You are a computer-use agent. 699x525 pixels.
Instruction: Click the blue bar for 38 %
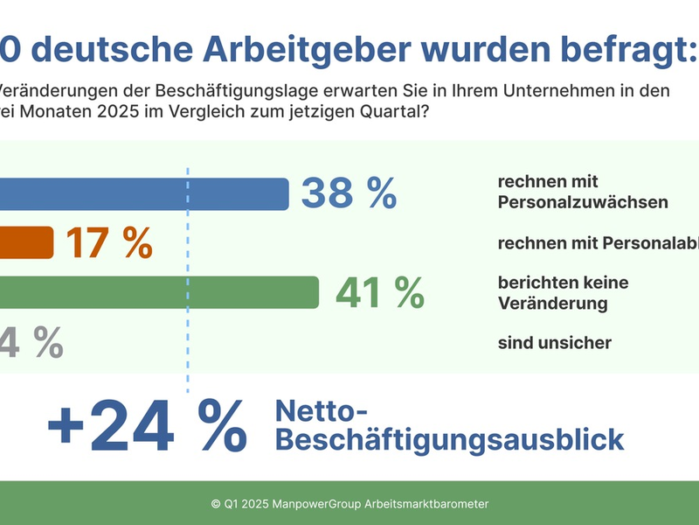144,193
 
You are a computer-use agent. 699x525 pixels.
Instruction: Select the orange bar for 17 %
26,242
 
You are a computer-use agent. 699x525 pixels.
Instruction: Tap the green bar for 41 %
157,292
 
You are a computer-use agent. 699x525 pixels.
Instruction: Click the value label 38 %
349,193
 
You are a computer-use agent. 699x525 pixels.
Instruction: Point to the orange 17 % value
109,243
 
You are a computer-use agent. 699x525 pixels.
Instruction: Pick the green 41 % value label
379,292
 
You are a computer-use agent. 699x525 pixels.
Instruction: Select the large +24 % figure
147,425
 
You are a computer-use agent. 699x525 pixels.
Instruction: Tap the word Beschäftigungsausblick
450,439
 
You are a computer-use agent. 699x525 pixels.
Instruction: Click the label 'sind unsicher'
554,343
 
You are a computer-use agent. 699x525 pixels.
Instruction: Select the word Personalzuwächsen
583,203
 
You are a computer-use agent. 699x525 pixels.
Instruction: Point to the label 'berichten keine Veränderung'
563,293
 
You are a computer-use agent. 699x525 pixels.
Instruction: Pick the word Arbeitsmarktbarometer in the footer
426,504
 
